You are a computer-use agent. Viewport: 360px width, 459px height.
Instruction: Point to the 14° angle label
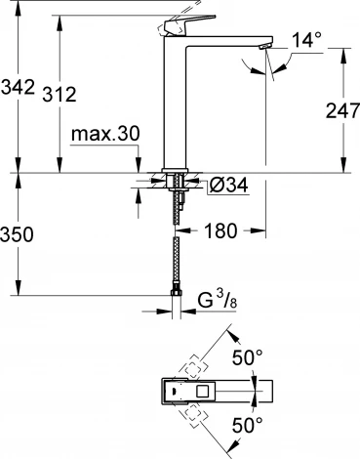(304, 41)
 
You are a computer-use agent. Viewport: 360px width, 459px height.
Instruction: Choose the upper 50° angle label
(250, 357)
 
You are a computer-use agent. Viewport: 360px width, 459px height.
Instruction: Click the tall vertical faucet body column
(175, 107)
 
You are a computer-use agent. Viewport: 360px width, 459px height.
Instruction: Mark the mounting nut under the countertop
(177, 182)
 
